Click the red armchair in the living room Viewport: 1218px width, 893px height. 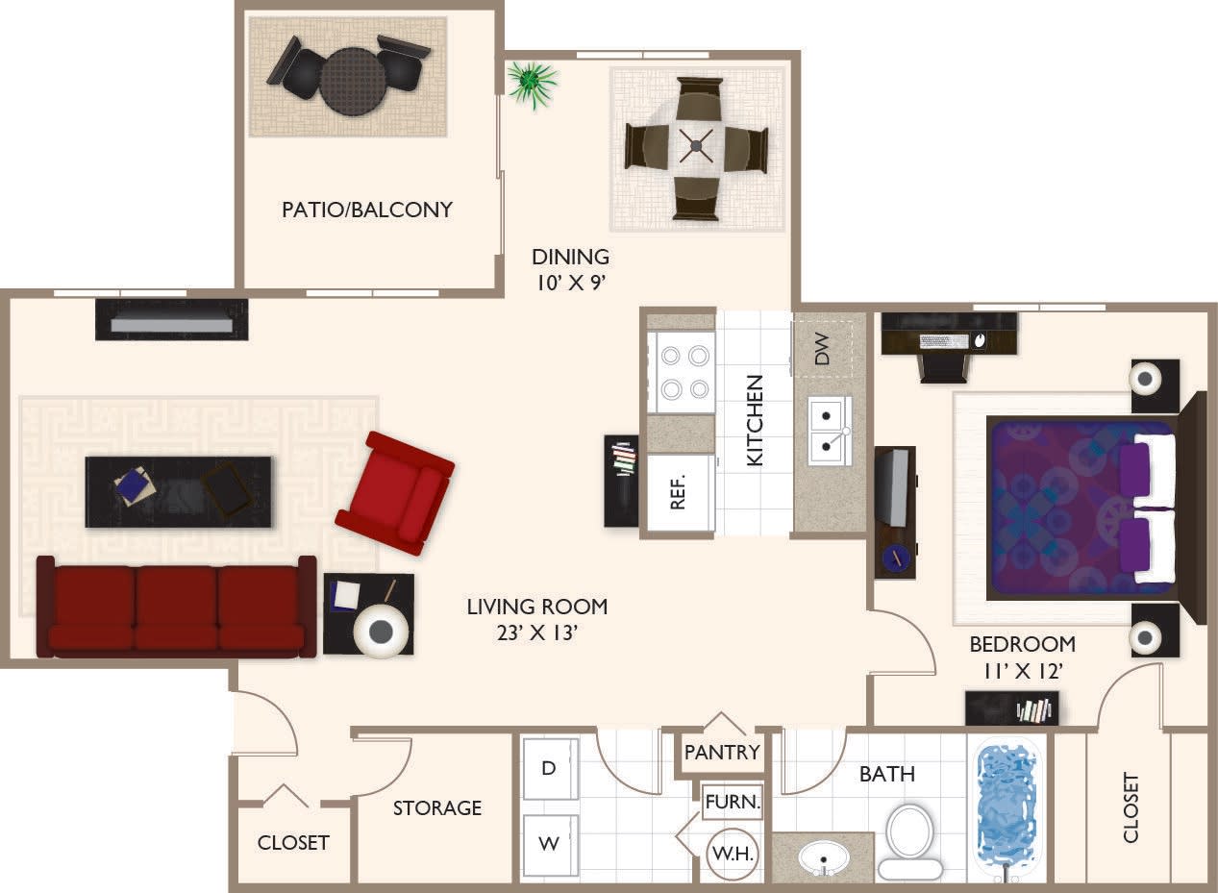395,492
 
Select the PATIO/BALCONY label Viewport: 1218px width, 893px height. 366,210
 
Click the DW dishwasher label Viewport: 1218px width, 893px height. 822,354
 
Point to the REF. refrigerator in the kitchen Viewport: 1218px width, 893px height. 679,493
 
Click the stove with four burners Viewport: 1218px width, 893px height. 681,372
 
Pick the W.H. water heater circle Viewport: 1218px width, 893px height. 733,852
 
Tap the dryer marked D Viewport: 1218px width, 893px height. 549,768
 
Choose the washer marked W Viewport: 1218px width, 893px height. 549,845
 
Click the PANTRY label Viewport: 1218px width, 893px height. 722,752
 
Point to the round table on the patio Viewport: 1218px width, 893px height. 352,82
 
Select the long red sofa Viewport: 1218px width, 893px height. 176,608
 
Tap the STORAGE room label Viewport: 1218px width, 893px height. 437,808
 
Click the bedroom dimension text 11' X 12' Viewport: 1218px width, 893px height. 1022,671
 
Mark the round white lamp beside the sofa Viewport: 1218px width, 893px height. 381,631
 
